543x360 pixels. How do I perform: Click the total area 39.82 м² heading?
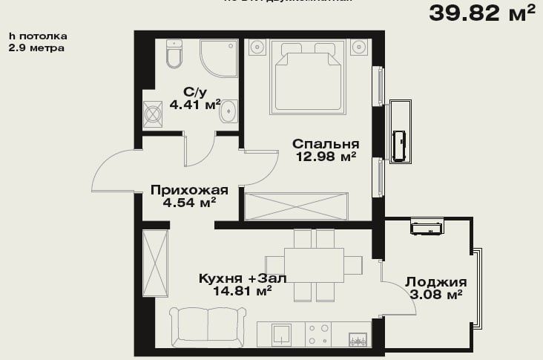[481, 13]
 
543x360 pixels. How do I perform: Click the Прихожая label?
[183, 189]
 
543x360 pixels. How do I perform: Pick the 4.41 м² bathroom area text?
[195, 105]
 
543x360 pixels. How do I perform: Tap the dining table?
[313, 264]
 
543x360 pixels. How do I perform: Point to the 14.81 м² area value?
[242, 292]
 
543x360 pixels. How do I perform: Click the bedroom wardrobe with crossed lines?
[296, 205]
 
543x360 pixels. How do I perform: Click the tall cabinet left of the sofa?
[155, 264]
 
